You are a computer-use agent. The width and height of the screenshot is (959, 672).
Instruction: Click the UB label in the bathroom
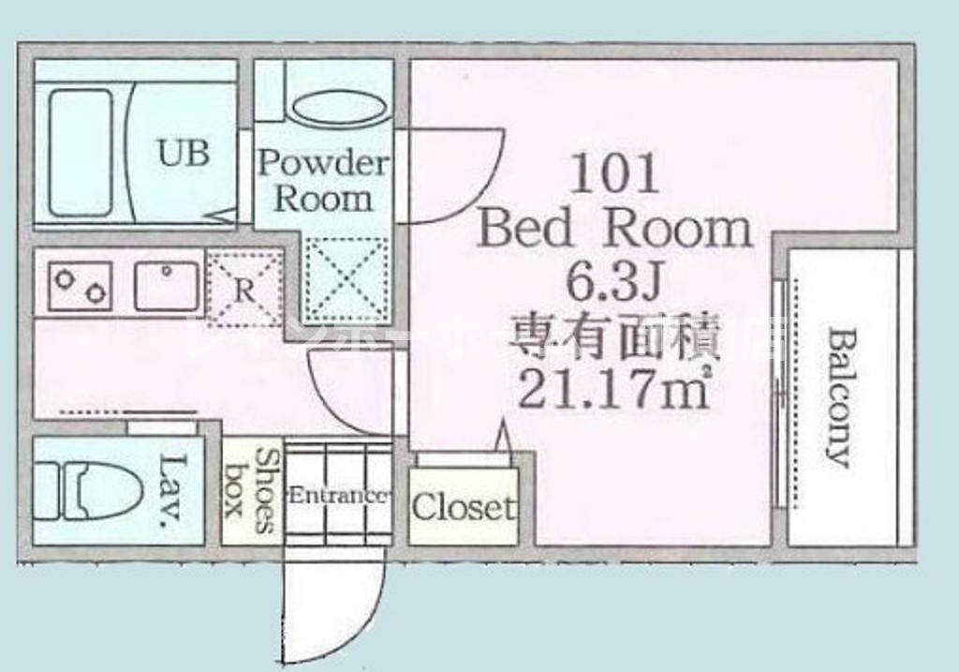(x=184, y=152)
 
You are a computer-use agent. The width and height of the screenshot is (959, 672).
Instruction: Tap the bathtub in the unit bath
(x=81, y=152)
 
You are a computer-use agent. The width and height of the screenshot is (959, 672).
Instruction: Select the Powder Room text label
(x=322, y=180)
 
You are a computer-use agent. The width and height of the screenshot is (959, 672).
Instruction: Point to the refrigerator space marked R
(x=243, y=289)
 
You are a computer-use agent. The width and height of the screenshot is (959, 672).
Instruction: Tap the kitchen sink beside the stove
(x=167, y=285)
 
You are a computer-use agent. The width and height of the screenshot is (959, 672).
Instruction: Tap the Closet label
(x=464, y=507)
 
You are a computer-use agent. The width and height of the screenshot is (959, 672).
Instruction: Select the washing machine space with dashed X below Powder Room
(x=346, y=279)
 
